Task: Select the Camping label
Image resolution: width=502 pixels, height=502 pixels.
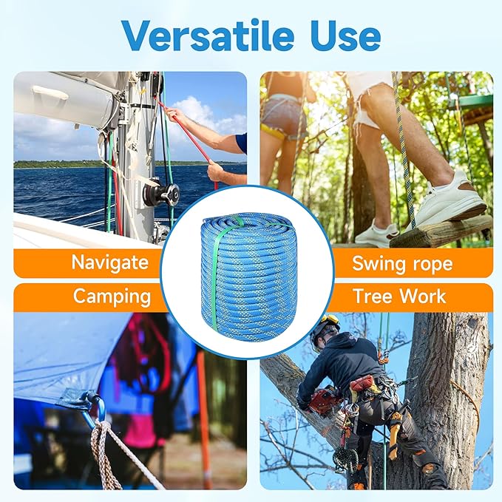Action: click(x=111, y=296)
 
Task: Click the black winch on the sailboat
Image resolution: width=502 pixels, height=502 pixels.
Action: click(x=161, y=194)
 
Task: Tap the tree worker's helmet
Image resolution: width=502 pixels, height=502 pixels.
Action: click(x=325, y=325)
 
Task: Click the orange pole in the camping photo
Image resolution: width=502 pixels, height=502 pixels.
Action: click(x=203, y=414)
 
